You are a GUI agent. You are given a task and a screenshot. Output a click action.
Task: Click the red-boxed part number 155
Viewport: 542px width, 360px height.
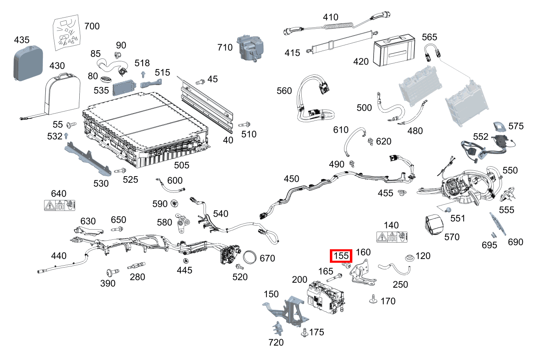coord(341,256)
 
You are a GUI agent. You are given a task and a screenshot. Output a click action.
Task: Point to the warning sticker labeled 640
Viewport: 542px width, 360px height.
coord(60,205)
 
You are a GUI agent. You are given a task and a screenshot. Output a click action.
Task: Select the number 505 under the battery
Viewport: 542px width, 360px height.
coord(181,165)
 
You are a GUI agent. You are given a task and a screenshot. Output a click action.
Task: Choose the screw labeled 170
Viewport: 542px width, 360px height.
coord(373,300)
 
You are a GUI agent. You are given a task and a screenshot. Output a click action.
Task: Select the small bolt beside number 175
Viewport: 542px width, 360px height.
coord(304,333)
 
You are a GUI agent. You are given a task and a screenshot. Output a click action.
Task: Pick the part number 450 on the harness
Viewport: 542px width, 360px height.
coord(291,179)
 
